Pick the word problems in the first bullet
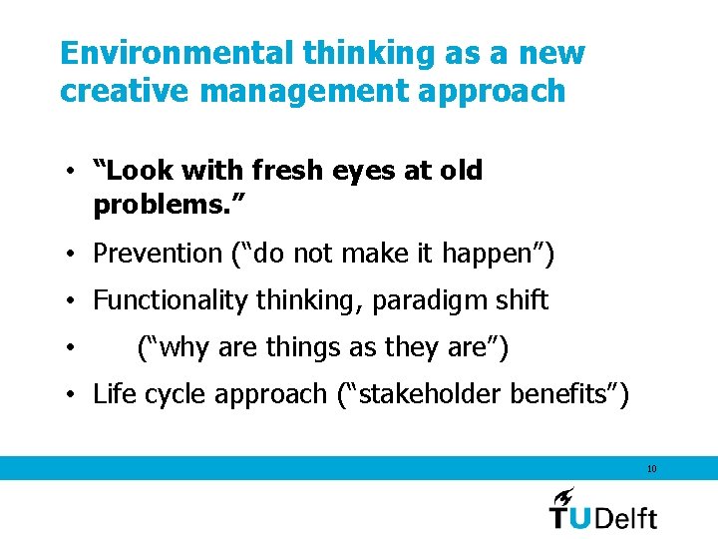pyautogui.click(x=159, y=207)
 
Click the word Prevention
pyautogui.click(x=157, y=254)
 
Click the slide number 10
pyautogui.click(x=651, y=468)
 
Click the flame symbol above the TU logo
pyautogui.click(x=563, y=495)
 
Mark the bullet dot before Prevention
pyautogui.click(x=72, y=255)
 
